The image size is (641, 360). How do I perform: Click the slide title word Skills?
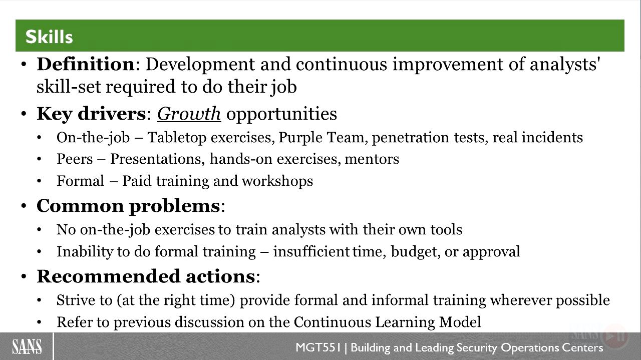pos(49,37)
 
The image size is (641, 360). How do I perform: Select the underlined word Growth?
pos(189,114)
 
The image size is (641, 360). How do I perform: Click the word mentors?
pos(372,159)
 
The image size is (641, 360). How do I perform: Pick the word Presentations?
pos(157,159)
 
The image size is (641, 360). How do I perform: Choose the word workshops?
pos(277,181)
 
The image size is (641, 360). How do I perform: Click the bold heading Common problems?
pos(128,206)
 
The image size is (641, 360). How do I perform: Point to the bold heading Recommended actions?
pos(146,276)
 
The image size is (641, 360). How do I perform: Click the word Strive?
pos(76,300)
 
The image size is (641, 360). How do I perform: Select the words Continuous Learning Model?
pos(388,322)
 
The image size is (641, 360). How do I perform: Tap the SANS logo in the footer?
pos(27,346)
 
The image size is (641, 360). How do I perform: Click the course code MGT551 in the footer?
pos(318,347)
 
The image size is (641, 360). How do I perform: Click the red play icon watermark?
pos(614,336)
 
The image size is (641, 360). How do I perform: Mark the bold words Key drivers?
pos(91,114)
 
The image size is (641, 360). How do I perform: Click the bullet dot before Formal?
pos(39,181)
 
